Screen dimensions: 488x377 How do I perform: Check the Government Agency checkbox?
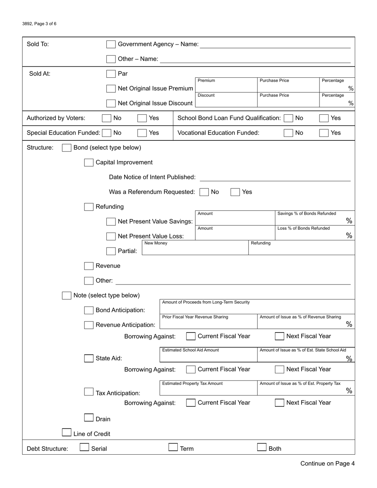coord(111,44)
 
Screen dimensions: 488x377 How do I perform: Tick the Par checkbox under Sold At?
coord(111,74)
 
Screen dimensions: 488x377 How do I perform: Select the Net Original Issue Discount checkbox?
coord(111,103)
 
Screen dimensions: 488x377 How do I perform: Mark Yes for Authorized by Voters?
coord(142,118)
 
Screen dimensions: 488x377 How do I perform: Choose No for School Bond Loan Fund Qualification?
coord(289,118)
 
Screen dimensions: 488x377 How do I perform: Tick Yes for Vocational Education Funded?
coord(324,133)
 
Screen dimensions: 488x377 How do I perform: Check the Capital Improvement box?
coord(89,162)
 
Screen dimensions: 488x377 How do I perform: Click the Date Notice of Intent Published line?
coord(275,177)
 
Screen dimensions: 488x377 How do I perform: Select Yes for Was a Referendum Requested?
coord(235,192)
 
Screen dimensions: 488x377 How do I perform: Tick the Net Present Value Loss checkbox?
coord(111,236)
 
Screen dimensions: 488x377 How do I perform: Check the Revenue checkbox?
coord(89,266)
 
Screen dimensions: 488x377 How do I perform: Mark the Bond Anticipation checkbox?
coord(89,310)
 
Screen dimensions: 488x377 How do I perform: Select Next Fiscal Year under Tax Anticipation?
coord(279,403)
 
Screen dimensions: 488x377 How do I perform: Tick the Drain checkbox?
coord(89,418)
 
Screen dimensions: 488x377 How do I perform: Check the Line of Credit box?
coord(67,432)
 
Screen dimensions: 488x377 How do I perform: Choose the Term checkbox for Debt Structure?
coord(173,448)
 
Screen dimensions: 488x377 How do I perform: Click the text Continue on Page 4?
coord(327,463)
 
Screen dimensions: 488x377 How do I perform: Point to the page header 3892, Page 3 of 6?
coord(39,24)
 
